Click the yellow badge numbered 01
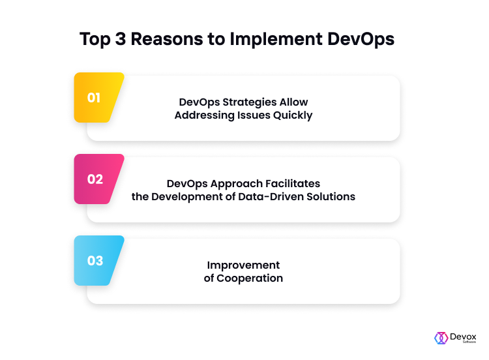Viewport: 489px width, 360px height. click(97, 97)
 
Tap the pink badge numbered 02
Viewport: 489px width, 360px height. click(97, 179)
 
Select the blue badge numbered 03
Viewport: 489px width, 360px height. click(97, 260)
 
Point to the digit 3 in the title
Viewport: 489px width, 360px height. click(121, 39)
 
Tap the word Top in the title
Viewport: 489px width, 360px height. click(95, 40)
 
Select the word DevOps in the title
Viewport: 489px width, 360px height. click(361, 40)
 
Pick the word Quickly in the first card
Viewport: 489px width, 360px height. click(293, 115)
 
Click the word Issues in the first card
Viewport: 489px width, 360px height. click(254, 115)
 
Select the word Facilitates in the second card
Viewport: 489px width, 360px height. click(293, 183)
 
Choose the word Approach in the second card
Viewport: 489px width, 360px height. click(236, 184)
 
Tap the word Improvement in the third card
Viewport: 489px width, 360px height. click(243, 265)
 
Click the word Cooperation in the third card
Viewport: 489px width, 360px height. click(250, 278)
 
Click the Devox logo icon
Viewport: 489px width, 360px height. click(441, 338)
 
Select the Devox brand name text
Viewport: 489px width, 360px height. click(463, 337)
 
